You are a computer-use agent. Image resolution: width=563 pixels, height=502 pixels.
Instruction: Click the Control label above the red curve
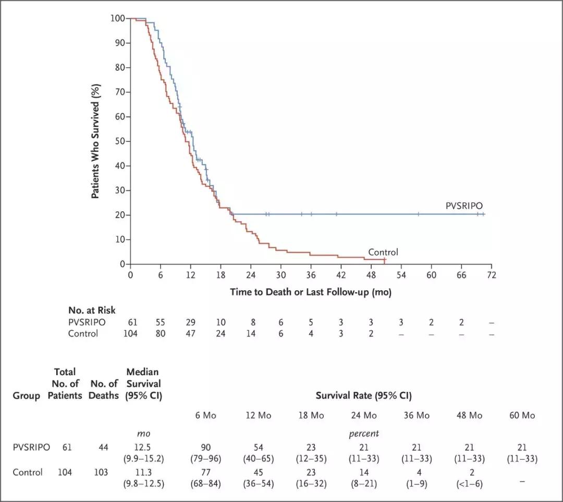383,253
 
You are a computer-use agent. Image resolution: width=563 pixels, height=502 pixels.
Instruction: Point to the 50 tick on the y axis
120,141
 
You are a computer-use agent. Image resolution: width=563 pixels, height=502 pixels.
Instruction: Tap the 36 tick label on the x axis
311,275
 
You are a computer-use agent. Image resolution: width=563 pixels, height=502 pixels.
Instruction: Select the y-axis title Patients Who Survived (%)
96,141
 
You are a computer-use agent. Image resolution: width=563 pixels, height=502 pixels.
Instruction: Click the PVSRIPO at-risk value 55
160,322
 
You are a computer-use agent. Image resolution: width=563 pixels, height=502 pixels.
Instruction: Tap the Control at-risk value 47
190,333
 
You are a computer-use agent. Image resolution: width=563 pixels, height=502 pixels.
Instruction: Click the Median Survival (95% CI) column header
144,384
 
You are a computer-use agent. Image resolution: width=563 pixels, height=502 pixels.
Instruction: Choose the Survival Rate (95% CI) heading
363,396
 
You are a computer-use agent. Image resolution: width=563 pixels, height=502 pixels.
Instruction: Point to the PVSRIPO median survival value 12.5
144,447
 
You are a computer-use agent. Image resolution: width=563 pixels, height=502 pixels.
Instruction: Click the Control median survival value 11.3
144,472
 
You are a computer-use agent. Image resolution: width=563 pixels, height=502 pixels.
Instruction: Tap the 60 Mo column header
522,416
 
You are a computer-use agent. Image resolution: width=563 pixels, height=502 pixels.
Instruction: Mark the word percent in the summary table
363,434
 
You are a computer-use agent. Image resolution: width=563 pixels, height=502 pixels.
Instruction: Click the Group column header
26,396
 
